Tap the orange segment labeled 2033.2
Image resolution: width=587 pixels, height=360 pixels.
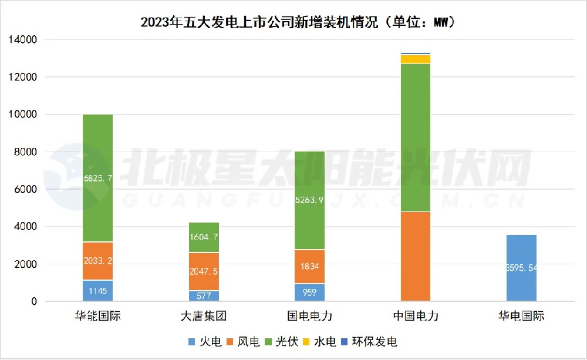pos(97,261)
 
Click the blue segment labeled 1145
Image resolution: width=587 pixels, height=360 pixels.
pos(97,291)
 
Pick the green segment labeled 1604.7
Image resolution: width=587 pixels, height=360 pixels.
pos(204,238)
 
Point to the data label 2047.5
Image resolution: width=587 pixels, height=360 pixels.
pos(204,271)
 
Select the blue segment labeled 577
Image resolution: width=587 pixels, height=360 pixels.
pos(204,296)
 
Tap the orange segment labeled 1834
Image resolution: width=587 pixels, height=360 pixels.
pos(309,267)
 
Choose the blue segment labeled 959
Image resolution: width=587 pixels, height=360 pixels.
pos(309,292)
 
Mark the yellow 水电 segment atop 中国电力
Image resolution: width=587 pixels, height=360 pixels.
pos(416,59)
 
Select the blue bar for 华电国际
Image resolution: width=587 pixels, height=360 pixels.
pos(521,268)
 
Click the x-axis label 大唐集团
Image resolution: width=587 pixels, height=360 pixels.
pos(204,316)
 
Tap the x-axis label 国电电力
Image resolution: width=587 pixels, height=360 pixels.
pos(309,316)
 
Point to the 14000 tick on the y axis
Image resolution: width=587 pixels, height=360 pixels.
pos(23,40)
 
